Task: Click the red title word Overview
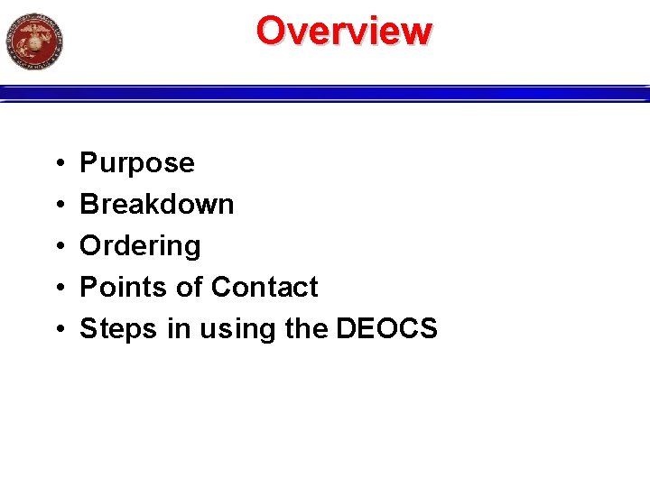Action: [x=344, y=31]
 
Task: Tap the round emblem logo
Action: [x=34, y=41]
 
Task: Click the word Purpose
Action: [x=137, y=163]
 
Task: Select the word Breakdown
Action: [x=157, y=205]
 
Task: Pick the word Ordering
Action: [x=140, y=246]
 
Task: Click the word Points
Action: [x=121, y=288]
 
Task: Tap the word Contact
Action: [x=265, y=288]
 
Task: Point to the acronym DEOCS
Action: [x=386, y=329]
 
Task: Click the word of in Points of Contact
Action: [x=188, y=288]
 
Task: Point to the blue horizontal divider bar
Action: [x=325, y=93]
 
